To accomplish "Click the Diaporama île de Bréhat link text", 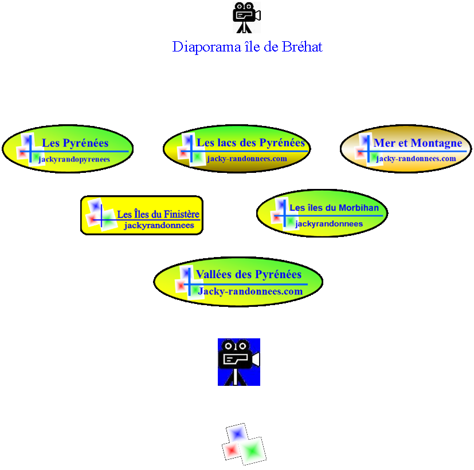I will (x=247, y=47).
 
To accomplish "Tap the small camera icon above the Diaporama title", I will (x=246, y=17).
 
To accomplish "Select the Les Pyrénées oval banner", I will (x=68, y=149).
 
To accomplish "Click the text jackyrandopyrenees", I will (x=74, y=160).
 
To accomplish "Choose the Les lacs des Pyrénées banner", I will (x=237, y=149).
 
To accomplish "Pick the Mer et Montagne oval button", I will (x=406, y=148).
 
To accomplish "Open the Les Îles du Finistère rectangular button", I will (x=142, y=215).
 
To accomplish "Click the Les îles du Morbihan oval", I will (x=322, y=213).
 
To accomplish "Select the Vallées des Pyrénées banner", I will (x=238, y=282).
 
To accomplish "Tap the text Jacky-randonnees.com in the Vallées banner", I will (x=250, y=291).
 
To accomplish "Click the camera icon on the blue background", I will (x=238, y=362).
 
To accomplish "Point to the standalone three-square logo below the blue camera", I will (x=244, y=444).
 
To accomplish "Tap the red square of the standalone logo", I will (x=232, y=451).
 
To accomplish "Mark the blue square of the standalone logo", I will (x=236, y=433).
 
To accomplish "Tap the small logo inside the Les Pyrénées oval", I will (x=28, y=148).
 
